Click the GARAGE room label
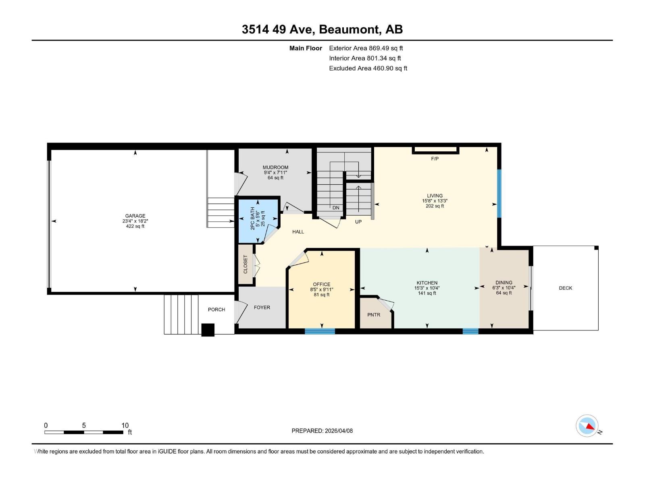(135, 216)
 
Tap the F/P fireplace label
(435, 159)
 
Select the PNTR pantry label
(374, 315)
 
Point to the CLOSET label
(246, 264)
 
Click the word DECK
(565, 288)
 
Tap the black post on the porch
(208, 330)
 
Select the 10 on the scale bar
(125, 425)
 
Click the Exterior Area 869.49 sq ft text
(366, 48)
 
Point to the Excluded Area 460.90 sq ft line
(368, 68)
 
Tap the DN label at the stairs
(336, 208)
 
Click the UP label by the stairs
(358, 222)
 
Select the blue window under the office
(320, 331)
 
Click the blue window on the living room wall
(499, 193)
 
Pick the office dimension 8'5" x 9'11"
(321, 289)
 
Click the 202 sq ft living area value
(435, 206)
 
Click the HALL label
(298, 232)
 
